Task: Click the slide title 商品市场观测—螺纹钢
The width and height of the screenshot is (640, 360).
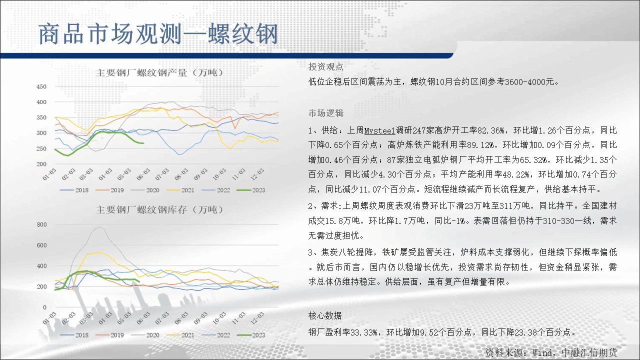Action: (158, 34)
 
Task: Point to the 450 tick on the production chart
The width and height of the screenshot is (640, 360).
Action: (41, 86)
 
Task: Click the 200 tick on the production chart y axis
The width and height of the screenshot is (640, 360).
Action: (41, 164)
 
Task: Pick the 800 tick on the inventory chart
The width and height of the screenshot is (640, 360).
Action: (41, 224)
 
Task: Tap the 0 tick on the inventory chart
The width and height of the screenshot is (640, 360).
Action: (44, 307)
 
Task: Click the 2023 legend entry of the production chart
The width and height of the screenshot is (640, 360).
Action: (251, 190)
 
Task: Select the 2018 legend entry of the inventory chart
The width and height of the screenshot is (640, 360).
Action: (74, 335)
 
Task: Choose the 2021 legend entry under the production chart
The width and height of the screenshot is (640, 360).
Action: (180, 190)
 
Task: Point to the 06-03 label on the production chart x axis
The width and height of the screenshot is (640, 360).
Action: (143, 174)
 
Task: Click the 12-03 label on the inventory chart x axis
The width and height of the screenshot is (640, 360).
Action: (257, 317)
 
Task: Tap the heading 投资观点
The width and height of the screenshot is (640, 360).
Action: (325, 67)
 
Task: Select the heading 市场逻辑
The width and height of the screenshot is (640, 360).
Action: (325, 113)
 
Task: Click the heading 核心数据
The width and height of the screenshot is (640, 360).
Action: (325, 315)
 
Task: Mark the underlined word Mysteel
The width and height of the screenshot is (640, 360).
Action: (379, 130)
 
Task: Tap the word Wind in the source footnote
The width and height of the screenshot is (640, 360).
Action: (542, 353)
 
